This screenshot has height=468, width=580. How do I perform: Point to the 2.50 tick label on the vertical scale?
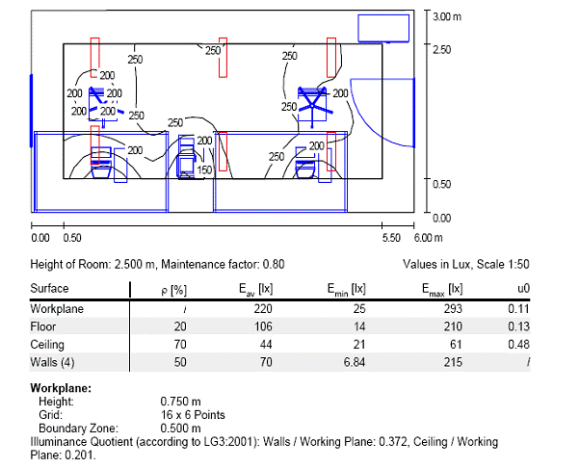[442, 48]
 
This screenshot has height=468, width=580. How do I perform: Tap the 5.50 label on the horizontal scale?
[391, 237]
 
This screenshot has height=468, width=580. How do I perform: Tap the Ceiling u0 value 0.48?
[523, 344]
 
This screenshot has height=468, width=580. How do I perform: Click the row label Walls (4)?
[56, 361]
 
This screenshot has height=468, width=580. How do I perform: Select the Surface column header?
[49, 288]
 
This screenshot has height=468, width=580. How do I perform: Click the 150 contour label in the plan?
[203, 170]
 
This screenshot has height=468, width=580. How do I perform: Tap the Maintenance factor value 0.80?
[271, 264]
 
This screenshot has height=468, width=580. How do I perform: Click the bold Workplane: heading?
[63, 388]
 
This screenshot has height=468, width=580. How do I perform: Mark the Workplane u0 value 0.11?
[523, 309]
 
